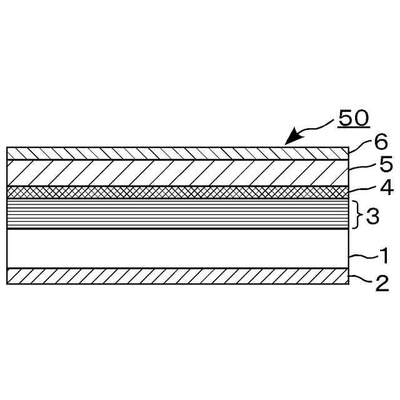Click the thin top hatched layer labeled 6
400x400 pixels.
(175, 153)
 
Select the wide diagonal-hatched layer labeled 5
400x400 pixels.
(175, 172)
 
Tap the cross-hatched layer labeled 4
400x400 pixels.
(175, 191)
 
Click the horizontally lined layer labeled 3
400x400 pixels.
(175, 212)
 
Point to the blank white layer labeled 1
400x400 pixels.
(175, 249)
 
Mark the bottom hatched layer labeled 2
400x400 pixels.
(175, 276)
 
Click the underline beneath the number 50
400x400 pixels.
(353, 126)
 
